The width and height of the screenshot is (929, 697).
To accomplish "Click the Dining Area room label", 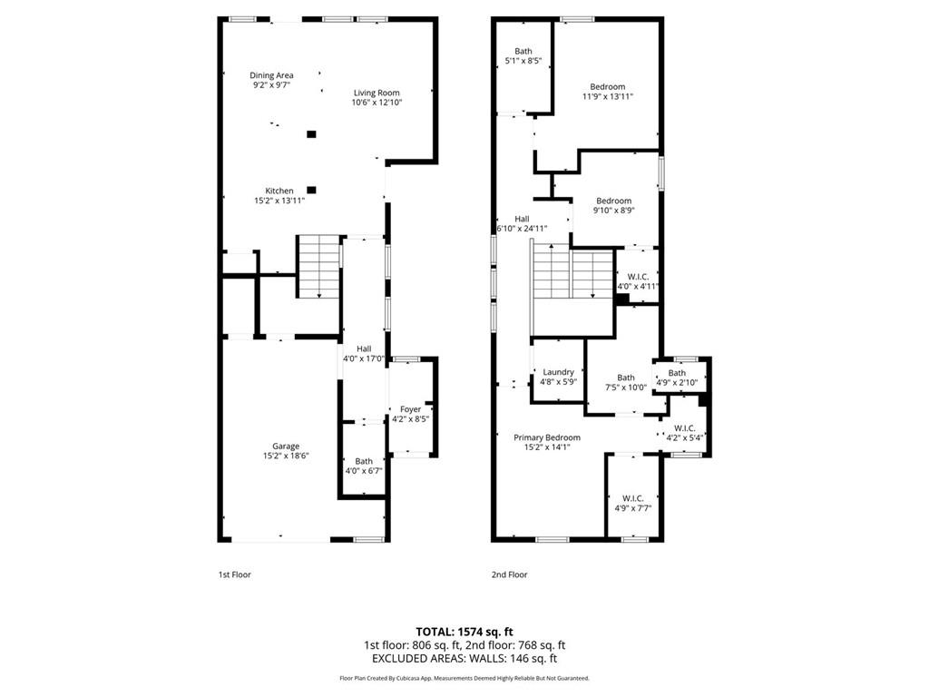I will [272, 75].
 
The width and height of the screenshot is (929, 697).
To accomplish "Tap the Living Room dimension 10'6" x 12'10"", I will [376, 103].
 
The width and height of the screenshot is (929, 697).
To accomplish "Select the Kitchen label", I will [279, 191].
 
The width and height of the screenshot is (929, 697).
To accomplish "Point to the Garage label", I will [286, 447].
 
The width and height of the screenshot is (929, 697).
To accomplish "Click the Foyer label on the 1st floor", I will [410, 409].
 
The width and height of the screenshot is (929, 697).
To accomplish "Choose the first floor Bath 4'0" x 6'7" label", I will [364, 461].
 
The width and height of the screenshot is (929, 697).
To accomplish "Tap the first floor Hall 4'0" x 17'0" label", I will [364, 348].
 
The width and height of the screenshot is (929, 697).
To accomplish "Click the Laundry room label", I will [558, 372].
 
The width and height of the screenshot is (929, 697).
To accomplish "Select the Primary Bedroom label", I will [546, 437].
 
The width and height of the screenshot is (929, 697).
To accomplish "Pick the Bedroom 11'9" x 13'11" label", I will [607, 87].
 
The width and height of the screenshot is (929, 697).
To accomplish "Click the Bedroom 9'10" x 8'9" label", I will [613, 201].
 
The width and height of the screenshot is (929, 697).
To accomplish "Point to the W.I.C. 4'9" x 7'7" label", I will [632, 498].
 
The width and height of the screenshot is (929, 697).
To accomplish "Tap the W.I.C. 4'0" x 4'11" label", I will [638, 276].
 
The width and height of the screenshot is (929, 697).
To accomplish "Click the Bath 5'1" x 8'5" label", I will [523, 52].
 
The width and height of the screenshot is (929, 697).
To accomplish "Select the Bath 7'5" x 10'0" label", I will [626, 378].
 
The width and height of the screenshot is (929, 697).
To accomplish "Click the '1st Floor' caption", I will [234, 574].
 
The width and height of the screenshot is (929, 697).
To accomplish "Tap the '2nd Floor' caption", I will [510, 574].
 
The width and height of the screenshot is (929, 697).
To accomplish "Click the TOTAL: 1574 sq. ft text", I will [464, 631].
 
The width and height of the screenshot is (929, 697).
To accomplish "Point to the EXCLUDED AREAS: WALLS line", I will [464, 659].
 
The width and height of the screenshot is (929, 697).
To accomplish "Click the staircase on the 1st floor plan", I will [318, 266].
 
